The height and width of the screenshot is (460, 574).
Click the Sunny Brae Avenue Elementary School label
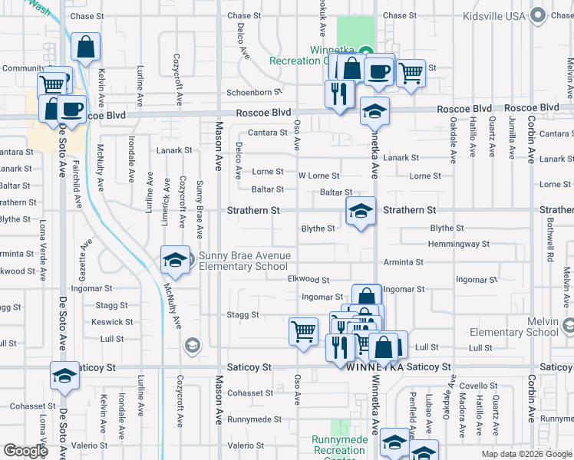[244, 261]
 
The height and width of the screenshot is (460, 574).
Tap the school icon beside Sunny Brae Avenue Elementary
[175, 261]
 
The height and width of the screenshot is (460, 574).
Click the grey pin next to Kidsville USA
[539, 15]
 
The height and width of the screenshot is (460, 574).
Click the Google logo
[25, 451]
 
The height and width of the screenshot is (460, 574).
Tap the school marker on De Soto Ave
[65, 376]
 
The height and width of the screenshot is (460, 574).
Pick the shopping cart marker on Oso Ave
[303, 331]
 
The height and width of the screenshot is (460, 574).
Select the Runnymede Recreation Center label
[340, 445]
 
